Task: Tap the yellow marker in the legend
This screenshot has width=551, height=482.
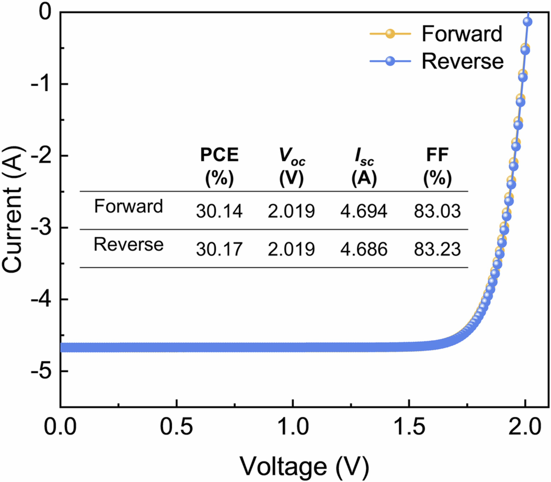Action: [390, 34]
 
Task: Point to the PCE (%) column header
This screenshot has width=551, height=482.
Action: [219, 167]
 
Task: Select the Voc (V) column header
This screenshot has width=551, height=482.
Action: [292, 167]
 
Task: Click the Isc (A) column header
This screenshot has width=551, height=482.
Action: [364, 167]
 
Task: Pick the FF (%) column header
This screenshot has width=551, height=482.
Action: [437, 167]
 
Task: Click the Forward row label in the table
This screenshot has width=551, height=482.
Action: [128, 206]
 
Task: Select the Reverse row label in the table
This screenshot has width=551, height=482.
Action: [128, 245]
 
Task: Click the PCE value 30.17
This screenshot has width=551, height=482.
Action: [219, 249]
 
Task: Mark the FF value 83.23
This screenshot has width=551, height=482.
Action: [437, 249]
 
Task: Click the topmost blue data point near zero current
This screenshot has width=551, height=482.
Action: [528, 21]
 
